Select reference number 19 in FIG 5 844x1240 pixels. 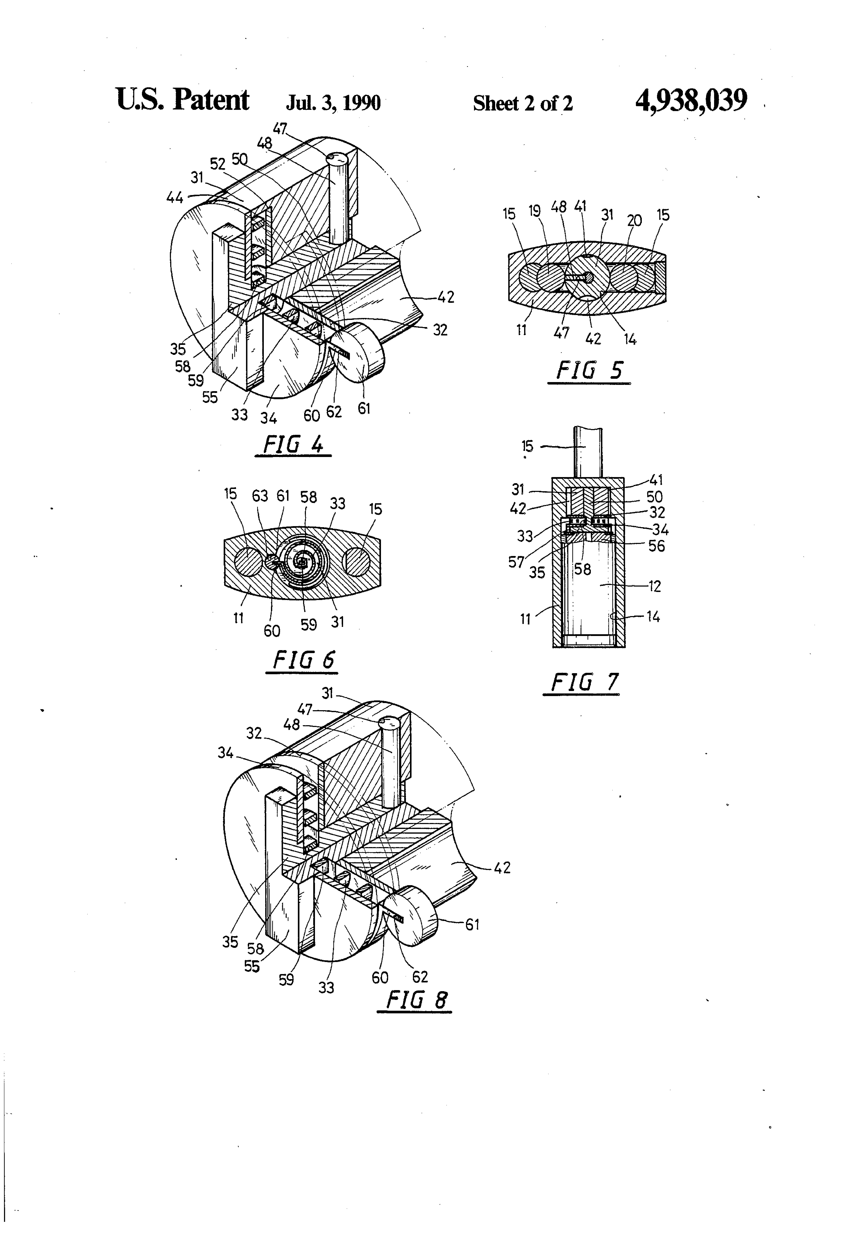(x=535, y=211)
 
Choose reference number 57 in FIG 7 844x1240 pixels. (x=516, y=562)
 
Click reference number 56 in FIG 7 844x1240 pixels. (x=656, y=546)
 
